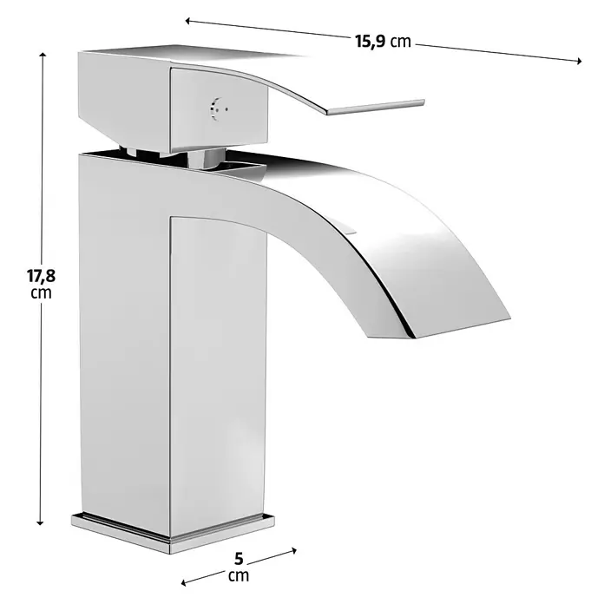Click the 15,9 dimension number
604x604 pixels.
pyautogui.click(x=370, y=41)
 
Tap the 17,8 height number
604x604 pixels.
pyautogui.click(x=41, y=276)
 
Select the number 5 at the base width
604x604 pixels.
pyautogui.click(x=239, y=558)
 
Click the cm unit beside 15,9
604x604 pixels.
pyautogui.click(x=401, y=41)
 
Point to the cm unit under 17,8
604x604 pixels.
pyautogui.click(x=41, y=293)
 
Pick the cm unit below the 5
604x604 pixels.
pyautogui.click(x=239, y=576)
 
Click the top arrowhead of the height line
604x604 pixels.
pyautogui.click(x=43, y=55)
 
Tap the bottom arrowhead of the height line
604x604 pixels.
pyautogui.click(x=40, y=522)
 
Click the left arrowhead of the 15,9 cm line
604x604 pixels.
pyautogui.click(x=188, y=21)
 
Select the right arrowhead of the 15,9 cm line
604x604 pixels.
pyautogui.click(x=579, y=61)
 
